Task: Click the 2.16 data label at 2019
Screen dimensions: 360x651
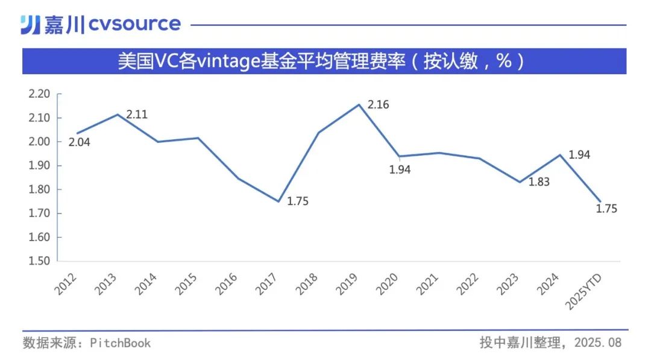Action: tap(379, 105)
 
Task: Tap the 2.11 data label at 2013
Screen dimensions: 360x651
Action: tap(137, 114)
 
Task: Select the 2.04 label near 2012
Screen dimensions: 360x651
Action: tap(79, 142)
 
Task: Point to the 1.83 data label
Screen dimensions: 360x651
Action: tap(539, 182)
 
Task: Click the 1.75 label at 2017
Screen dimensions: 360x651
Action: tap(298, 201)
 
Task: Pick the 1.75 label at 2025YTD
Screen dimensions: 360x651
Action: tap(607, 209)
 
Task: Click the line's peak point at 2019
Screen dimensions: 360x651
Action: tap(359, 104)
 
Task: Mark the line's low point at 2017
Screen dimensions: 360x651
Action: tap(278, 201)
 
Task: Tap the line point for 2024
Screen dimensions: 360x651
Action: tap(561, 155)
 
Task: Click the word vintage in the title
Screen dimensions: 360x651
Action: tap(230, 61)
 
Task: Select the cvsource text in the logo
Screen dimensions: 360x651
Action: tap(135, 24)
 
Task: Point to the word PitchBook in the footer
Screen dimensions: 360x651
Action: tap(121, 343)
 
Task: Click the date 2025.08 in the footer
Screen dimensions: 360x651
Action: tap(597, 343)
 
